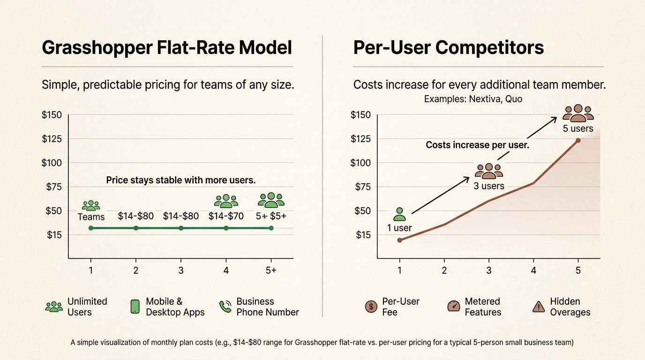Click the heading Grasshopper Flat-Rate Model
coord(167,48)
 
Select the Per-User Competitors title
coord(448,48)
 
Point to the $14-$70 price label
coord(226,216)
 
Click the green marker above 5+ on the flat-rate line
coord(271,228)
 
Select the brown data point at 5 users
coord(578,140)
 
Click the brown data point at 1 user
coord(399,240)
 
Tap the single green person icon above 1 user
coord(399,214)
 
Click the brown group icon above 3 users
coord(488,171)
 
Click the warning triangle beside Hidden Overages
coord(538,307)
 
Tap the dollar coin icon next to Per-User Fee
coord(371,307)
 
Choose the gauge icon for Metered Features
coord(453,307)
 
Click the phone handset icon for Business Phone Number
coord(225,307)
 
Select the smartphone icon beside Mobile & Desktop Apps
coord(135,307)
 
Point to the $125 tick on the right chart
coord(360,139)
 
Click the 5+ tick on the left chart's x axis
coord(271,270)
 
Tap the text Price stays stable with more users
coord(181,180)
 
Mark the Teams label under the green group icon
coord(91,217)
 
